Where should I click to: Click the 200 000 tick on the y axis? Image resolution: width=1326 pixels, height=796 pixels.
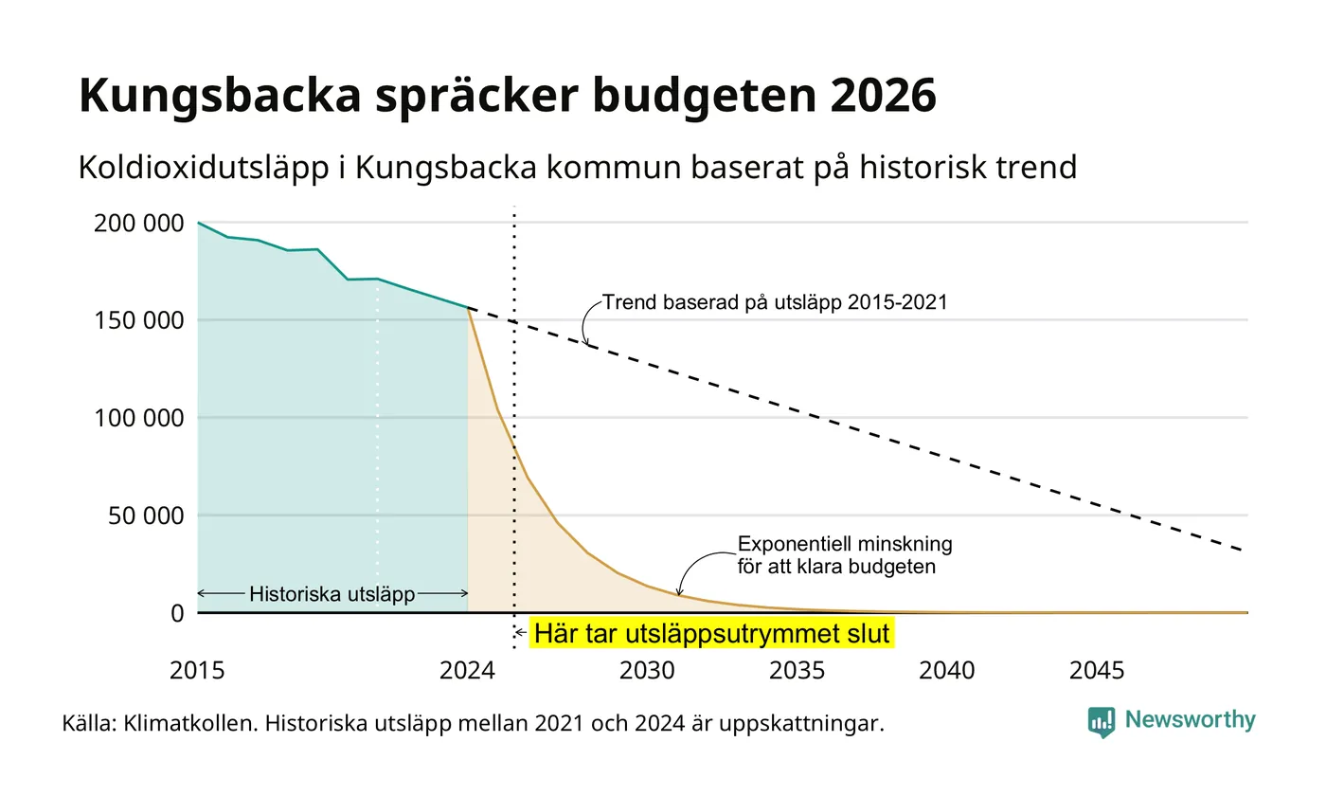(x=139, y=224)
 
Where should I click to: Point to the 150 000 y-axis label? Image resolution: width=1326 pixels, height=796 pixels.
(x=139, y=320)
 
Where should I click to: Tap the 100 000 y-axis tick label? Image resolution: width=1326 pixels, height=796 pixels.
(x=139, y=418)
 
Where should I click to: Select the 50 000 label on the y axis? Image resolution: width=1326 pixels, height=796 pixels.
(x=146, y=516)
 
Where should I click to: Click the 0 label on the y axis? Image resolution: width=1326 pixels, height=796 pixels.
(x=178, y=614)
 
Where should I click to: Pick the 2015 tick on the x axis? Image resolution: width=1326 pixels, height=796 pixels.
(x=197, y=671)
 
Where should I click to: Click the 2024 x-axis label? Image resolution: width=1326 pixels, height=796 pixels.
(x=467, y=671)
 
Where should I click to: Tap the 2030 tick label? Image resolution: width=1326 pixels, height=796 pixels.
(x=647, y=671)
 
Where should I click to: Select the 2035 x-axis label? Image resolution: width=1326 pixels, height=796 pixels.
(x=797, y=671)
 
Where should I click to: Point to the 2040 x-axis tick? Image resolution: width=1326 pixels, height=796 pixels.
(x=946, y=671)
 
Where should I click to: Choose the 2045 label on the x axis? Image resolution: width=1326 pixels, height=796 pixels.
(x=1097, y=671)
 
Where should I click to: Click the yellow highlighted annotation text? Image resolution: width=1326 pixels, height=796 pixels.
(x=711, y=633)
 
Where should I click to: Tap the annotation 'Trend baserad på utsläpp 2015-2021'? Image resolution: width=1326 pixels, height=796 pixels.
(x=775, y=302)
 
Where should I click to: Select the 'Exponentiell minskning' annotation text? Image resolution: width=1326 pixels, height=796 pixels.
(x=845, y=544)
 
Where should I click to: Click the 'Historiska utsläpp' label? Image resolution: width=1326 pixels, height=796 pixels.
(x=332, y=594)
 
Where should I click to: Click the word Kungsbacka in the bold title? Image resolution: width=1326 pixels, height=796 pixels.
(x=220, y=96)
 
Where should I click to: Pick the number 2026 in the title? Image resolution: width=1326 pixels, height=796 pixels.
(x=883, y=95)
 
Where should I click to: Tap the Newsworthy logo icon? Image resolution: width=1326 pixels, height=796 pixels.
(x=1101, y=722)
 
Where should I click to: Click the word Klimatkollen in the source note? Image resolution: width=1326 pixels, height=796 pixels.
(x=190, y=723)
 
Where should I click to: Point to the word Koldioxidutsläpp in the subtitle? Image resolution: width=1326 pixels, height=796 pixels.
(x=203, y=168)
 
